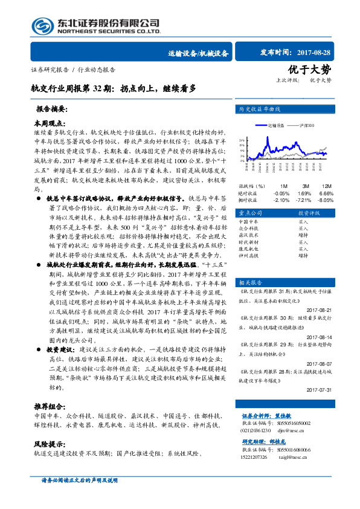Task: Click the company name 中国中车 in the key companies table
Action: click(x=249, y=222)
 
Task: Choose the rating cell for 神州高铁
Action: click(x=303, y=255)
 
